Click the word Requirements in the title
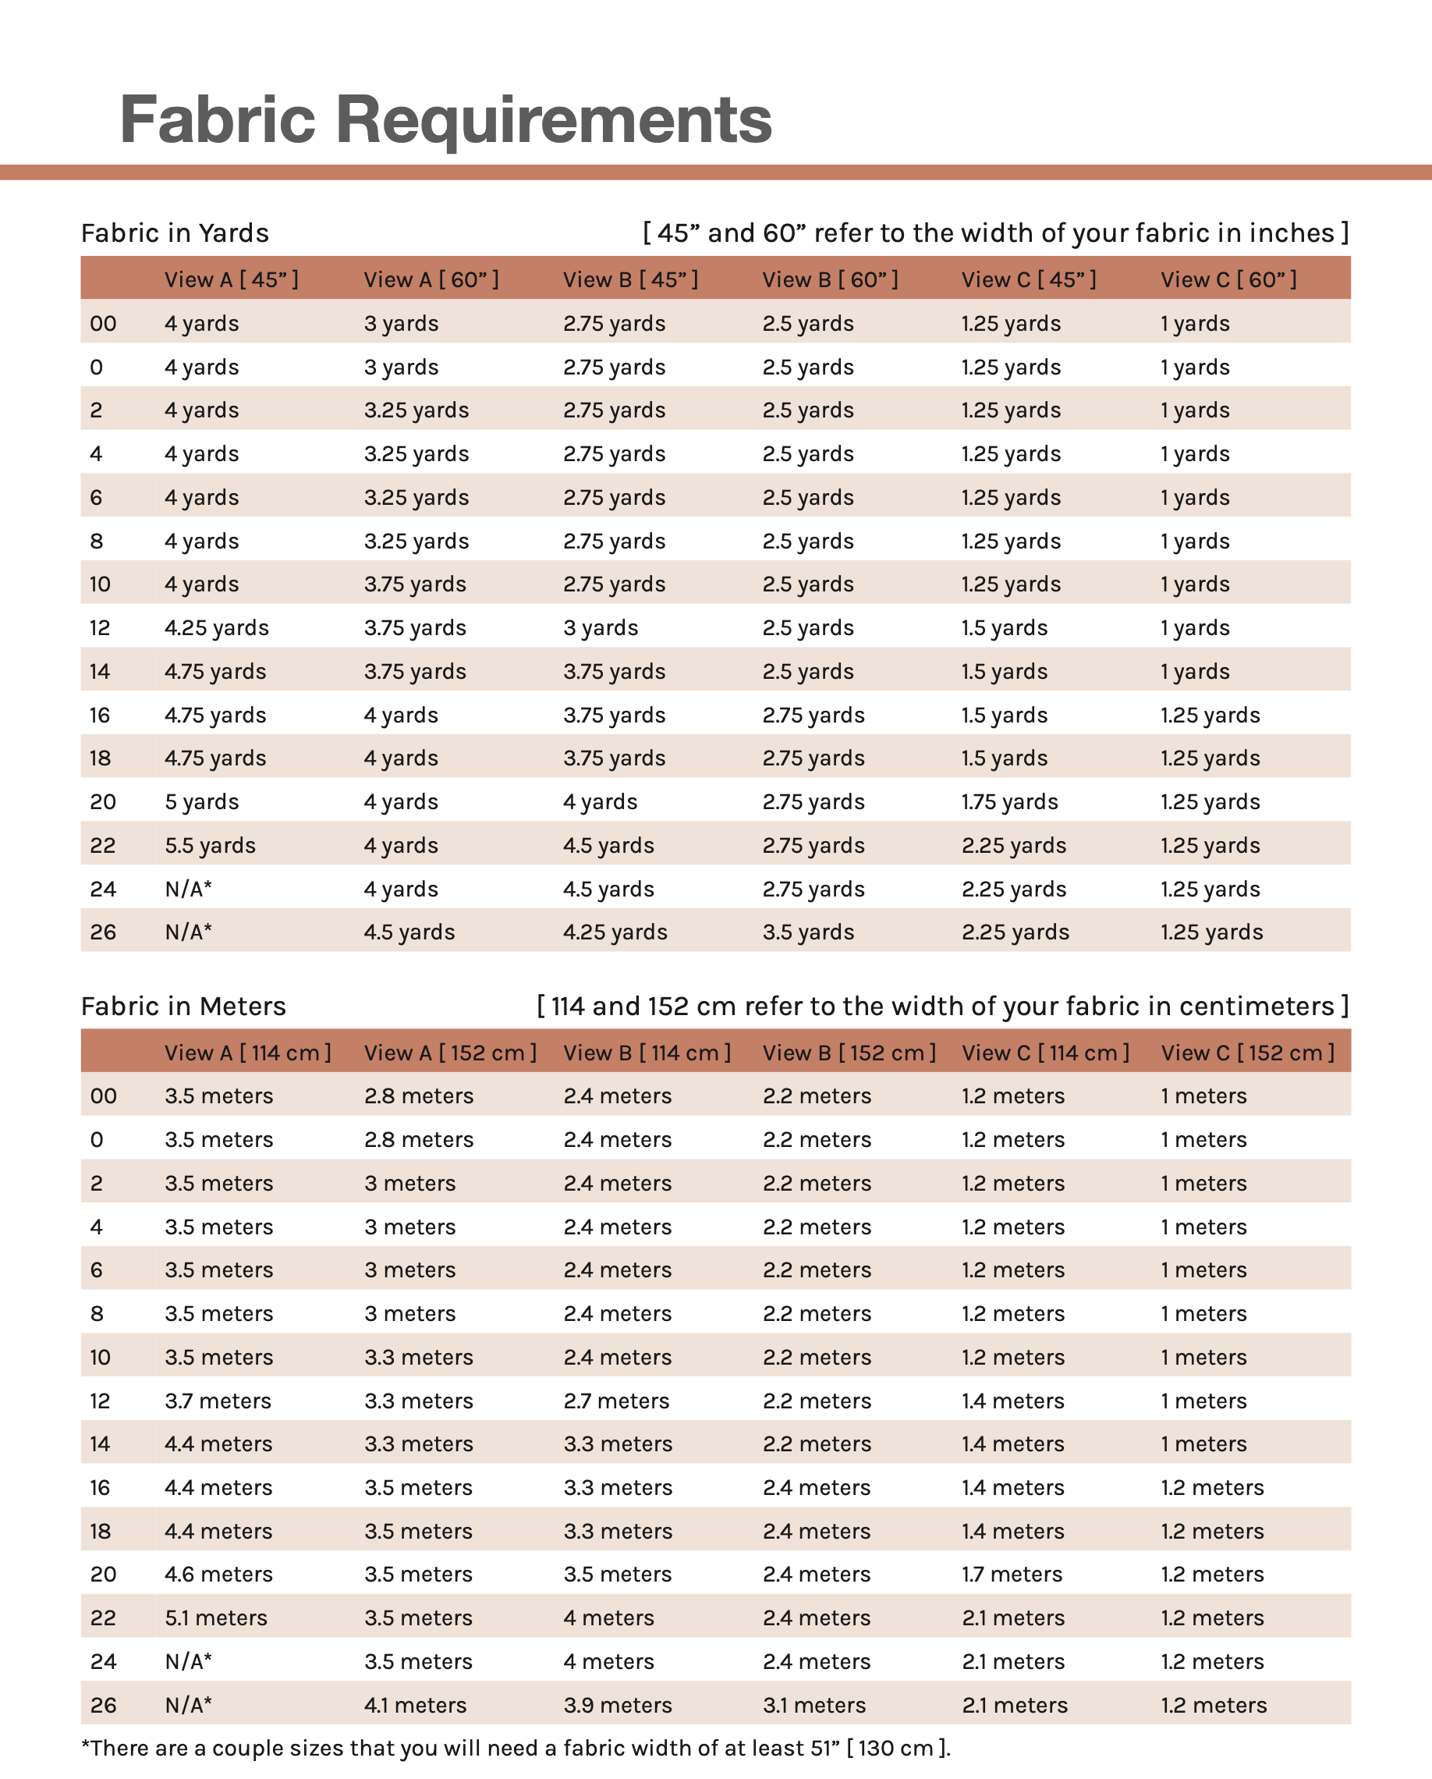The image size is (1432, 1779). pyautogui.click(x=553, y=119)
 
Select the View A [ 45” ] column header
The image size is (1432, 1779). pyautogui.click(x=231, y=279)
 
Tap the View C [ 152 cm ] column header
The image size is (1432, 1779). pyautogui.click(x=1247, y=1053)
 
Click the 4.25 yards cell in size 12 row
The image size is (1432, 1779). pyautogui.click(x=216, y=628)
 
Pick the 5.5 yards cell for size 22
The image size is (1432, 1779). pyautogui.click(x=210, y=845)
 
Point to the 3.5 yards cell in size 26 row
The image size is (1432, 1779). pyautogui.click(x=807, y=932)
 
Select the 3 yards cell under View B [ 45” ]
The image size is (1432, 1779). pyautogui.click(x=600, y=628)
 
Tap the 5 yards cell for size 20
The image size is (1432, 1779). pyautogui.click(x=201, y=801)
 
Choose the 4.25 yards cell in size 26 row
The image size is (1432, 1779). pyautogui.click(x=615, y=932)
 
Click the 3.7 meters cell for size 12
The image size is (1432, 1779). pyautogui.click(x=218, y=1401)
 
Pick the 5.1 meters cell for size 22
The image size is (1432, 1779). pyautogui.click(x=215, y=1617)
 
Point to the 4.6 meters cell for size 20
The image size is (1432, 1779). pyautogui.click(x=218, y=1574)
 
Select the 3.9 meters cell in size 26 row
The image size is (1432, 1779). pyautogui.click(x=617, y=1705)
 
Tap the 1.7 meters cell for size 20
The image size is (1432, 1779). pyautogui.click(x=1012, y=1574)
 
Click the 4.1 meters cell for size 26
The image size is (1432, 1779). pyautogui.click(x=415, y=1705)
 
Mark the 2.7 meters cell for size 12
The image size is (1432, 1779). pyautogui.click(x=616, y=1401)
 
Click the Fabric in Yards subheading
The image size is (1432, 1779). pyautogui.click(x=175, y=233)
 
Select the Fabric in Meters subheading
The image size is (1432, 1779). pyautogui.click(x=183, y=1006)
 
